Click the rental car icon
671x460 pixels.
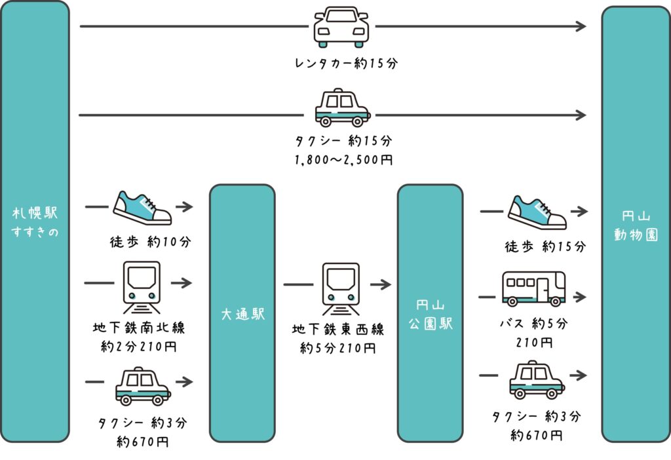(x=341, y=27)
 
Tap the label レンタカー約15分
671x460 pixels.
(x=346, y=64)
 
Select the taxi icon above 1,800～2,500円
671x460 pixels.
(x=342, y=108)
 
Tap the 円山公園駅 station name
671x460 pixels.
(x=431, y=315)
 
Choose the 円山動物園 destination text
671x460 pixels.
(x=635, y=225)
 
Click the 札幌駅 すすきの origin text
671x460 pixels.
(x=35, y=223)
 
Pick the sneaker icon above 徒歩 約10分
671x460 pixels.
(x=142, y=208)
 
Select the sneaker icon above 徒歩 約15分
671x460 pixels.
(x=537, y=212)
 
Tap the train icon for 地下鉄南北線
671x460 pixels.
(x=142, y=287)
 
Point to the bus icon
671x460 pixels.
(x=533, y=288)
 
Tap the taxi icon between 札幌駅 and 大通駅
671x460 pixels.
(x=142, y=385)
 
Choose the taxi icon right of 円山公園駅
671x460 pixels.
(x=537, y=379)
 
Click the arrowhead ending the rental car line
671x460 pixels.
(x=580, y=26)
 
